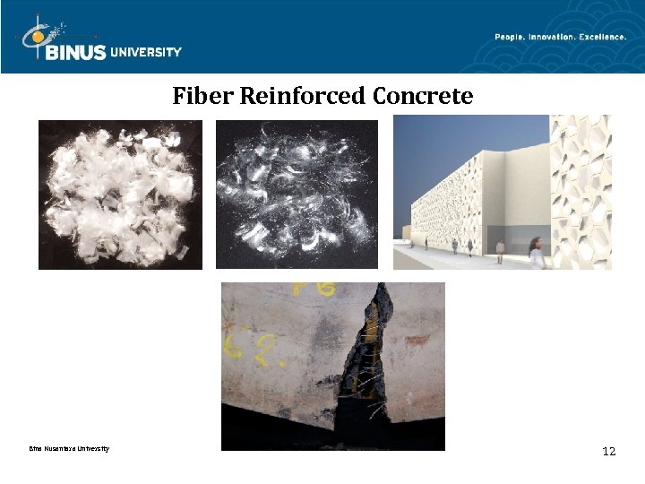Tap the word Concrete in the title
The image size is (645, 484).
click(x=423, y=95)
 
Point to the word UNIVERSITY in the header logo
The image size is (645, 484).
click(x=146, y=52)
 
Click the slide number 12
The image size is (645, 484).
click(x=608, y=451)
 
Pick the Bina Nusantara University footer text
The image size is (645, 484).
click(x=69, y=448)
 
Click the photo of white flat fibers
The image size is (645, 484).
click(x=120, y=194)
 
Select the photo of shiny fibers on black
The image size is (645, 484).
click(x=297, y=194)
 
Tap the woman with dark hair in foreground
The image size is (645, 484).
click(x=536, y=253)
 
